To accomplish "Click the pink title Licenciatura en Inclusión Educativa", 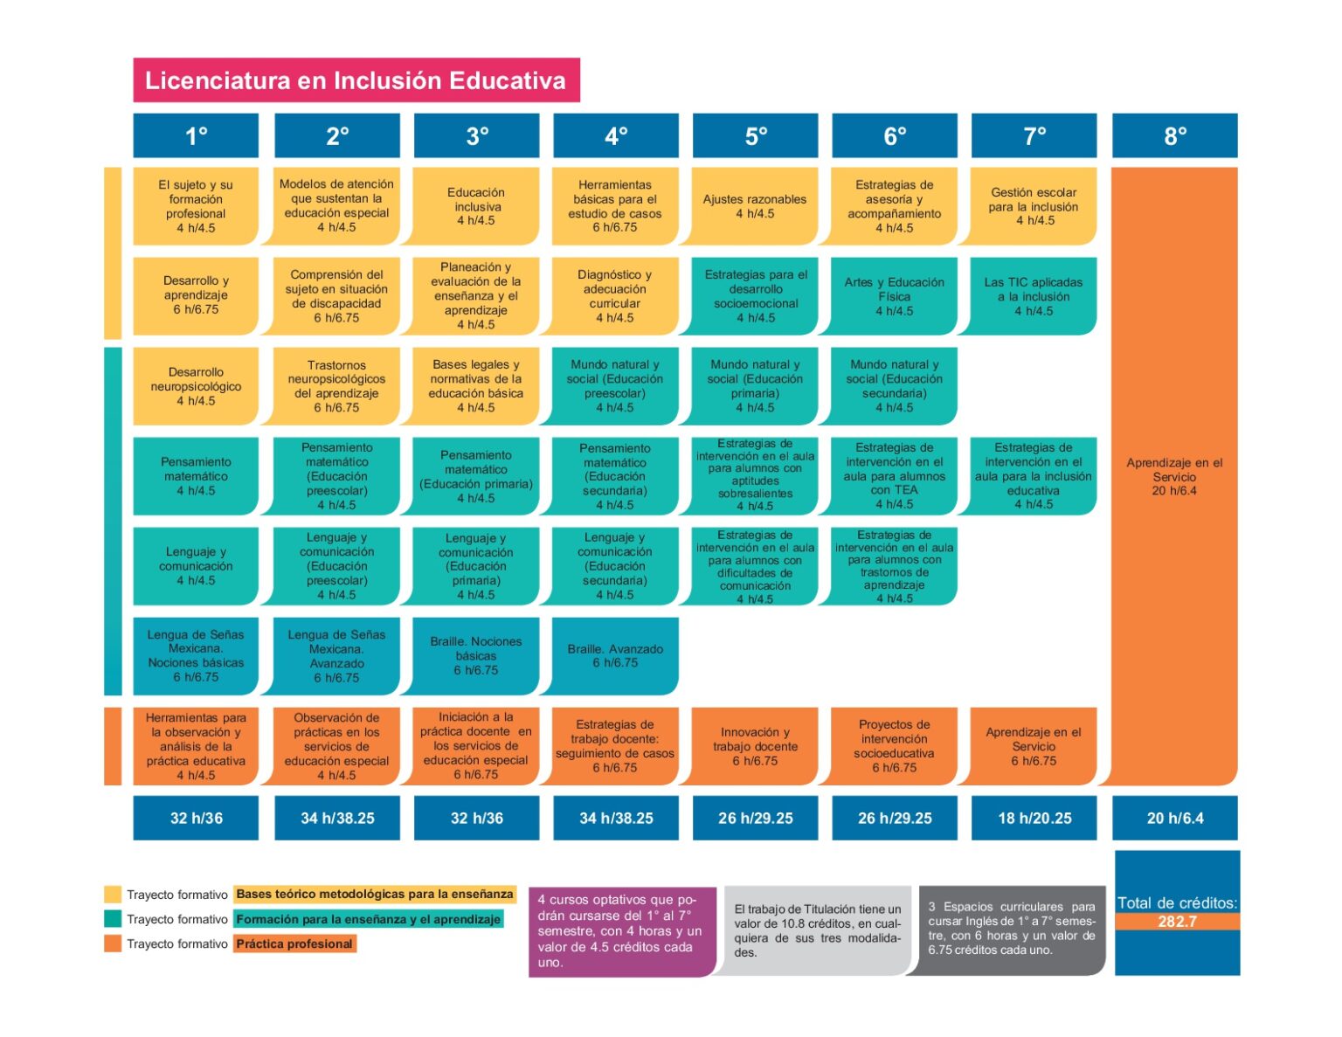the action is point(356,80).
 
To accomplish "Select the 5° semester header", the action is point(755,135).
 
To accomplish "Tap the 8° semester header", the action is point(1174,135).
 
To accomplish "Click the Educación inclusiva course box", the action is point(476,206).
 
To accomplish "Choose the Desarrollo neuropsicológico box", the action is point(196,386).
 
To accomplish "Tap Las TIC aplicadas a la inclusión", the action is point(1034,296).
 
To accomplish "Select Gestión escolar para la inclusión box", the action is point(1034,206).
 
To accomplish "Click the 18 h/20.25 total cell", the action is point(1034,818).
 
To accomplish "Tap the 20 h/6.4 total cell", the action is point(1174,818).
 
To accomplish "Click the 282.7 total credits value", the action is point(1177,922).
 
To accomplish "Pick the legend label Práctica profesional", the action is point(294,944).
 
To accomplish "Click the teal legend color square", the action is point(113,919).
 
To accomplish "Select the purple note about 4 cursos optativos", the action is point(622,931).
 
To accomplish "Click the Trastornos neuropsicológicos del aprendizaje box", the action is point(336,386).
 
